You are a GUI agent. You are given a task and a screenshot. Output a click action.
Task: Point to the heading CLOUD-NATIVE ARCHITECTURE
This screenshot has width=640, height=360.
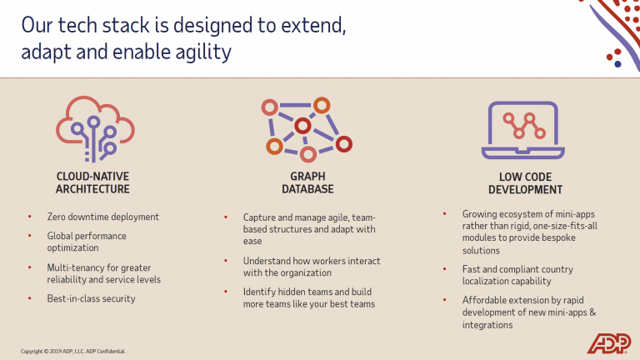point(92,182)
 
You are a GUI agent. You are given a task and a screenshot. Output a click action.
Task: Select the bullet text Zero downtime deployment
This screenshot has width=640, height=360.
point(103,217)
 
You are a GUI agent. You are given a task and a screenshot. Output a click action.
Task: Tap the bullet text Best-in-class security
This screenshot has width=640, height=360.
point(92,298)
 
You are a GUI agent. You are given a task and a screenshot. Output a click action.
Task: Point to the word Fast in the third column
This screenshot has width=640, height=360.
point(472,269)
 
